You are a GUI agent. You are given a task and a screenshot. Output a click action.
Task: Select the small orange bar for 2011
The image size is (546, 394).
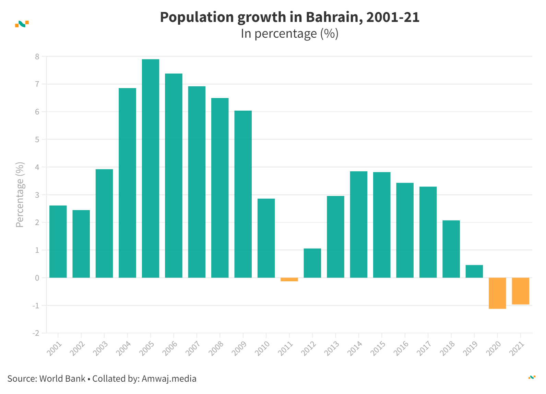click(x=289, y=280)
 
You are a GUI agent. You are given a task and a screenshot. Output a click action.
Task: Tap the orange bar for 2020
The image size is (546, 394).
click(x=497, y=293)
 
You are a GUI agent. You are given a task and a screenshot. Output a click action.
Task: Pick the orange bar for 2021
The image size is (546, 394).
click(x=520, y=291)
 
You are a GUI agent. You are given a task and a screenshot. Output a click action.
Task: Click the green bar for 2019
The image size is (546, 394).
click(x=474, y=271)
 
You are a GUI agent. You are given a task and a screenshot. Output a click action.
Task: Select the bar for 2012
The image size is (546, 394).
click(x=312, y=263)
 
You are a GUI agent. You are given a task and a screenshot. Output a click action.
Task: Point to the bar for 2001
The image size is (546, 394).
click(x=58, y=242)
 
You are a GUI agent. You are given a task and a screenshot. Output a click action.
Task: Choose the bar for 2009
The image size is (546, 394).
click(x=243, y=194)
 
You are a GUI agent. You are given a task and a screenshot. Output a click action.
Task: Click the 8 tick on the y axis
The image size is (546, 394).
click(x=37, y=57)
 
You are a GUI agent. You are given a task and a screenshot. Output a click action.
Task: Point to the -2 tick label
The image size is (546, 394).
click(x=36, y=333)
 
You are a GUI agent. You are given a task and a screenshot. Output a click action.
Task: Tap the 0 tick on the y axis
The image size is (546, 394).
click(x=37, y=278)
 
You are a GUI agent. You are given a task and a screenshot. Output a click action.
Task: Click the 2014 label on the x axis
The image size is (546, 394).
click(x=355, y=348)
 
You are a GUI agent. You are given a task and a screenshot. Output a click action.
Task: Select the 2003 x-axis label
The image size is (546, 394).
click(x=101, y=348)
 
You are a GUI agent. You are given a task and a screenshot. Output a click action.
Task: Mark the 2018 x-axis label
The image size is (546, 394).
click(x=448, y=348)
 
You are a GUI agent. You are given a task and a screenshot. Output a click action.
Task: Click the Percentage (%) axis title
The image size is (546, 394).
click(x=20, y=195)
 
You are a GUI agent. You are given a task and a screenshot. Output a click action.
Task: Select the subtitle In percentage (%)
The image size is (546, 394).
click(x=289, y=34)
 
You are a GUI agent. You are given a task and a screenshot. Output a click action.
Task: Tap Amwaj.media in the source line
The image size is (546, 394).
click(x=169, y=379)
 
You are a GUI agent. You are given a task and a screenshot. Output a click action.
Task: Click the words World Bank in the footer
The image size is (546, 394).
click(x=62, y=379)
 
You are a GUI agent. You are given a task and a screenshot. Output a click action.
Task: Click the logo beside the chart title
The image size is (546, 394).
click(x=22, y=24)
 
